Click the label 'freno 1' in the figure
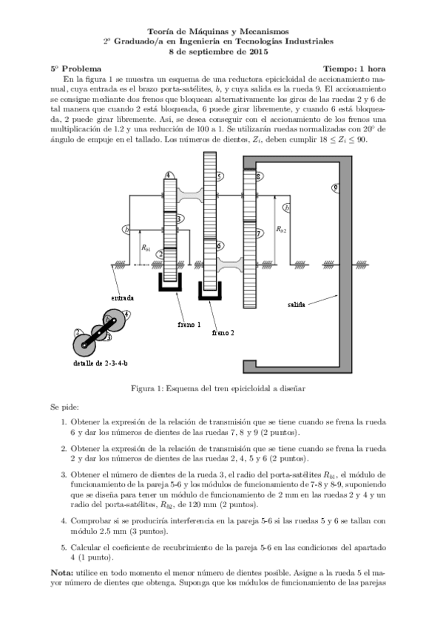(189, 323)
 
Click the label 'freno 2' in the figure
(223, 333)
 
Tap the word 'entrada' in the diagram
(123, 297)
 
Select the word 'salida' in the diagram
(297, 303)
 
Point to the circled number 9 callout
(336, 188)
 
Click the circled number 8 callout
(257, 176)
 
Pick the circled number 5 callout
(220, 176)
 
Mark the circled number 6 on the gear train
(220, 245)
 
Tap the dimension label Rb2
(281, 230)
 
